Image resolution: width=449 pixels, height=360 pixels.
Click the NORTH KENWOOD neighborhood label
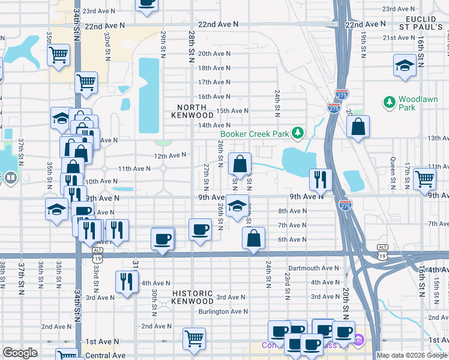click(193, 110)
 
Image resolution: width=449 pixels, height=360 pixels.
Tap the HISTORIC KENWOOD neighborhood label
click(193, 297)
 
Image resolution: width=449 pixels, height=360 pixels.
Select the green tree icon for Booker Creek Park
click(297, 133)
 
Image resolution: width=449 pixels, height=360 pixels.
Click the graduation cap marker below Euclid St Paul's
click(405, 65)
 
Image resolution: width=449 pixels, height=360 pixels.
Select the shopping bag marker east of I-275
click(358, 127)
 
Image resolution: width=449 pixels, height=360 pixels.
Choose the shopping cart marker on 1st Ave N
click(194, 339)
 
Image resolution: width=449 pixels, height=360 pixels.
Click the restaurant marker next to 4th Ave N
click(126, 283)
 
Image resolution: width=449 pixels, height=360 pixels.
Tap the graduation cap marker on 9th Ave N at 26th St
click(238, 206)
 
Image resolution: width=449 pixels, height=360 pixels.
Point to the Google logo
click(20, 353)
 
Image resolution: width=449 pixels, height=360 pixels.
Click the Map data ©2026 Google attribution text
click(412, 355)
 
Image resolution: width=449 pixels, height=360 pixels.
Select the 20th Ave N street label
click(214, 53)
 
